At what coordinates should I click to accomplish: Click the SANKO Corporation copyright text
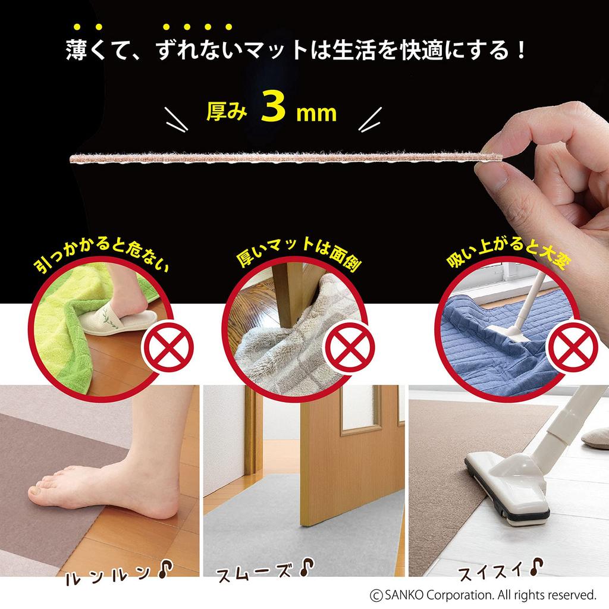pos(482,594)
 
